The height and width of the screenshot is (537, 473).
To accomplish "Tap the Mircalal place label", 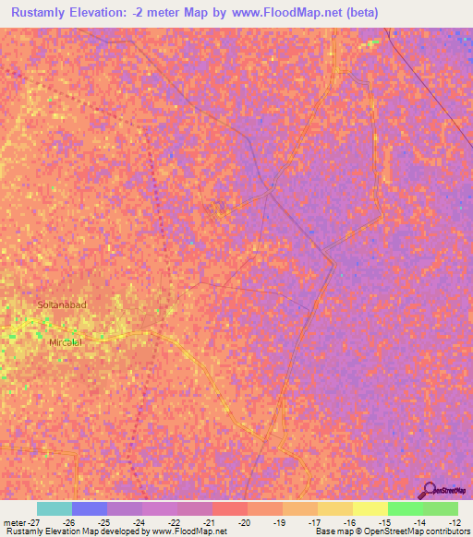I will tap(65, 341).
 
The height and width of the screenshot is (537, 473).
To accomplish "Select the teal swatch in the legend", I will tap(54, 508).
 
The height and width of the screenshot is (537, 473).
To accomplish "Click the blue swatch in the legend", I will tap(89, 508).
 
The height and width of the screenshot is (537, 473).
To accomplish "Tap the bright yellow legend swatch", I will tap(370, 508).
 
